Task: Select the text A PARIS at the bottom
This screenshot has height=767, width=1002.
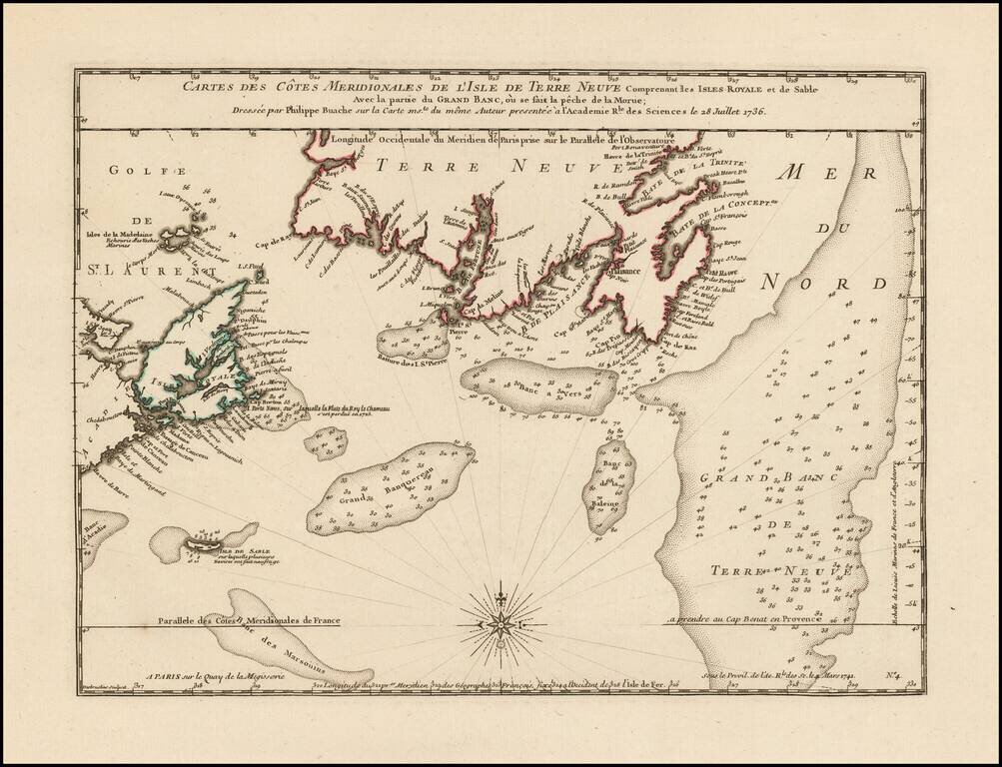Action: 163,677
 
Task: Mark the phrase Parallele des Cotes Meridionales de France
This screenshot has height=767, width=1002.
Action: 247,620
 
